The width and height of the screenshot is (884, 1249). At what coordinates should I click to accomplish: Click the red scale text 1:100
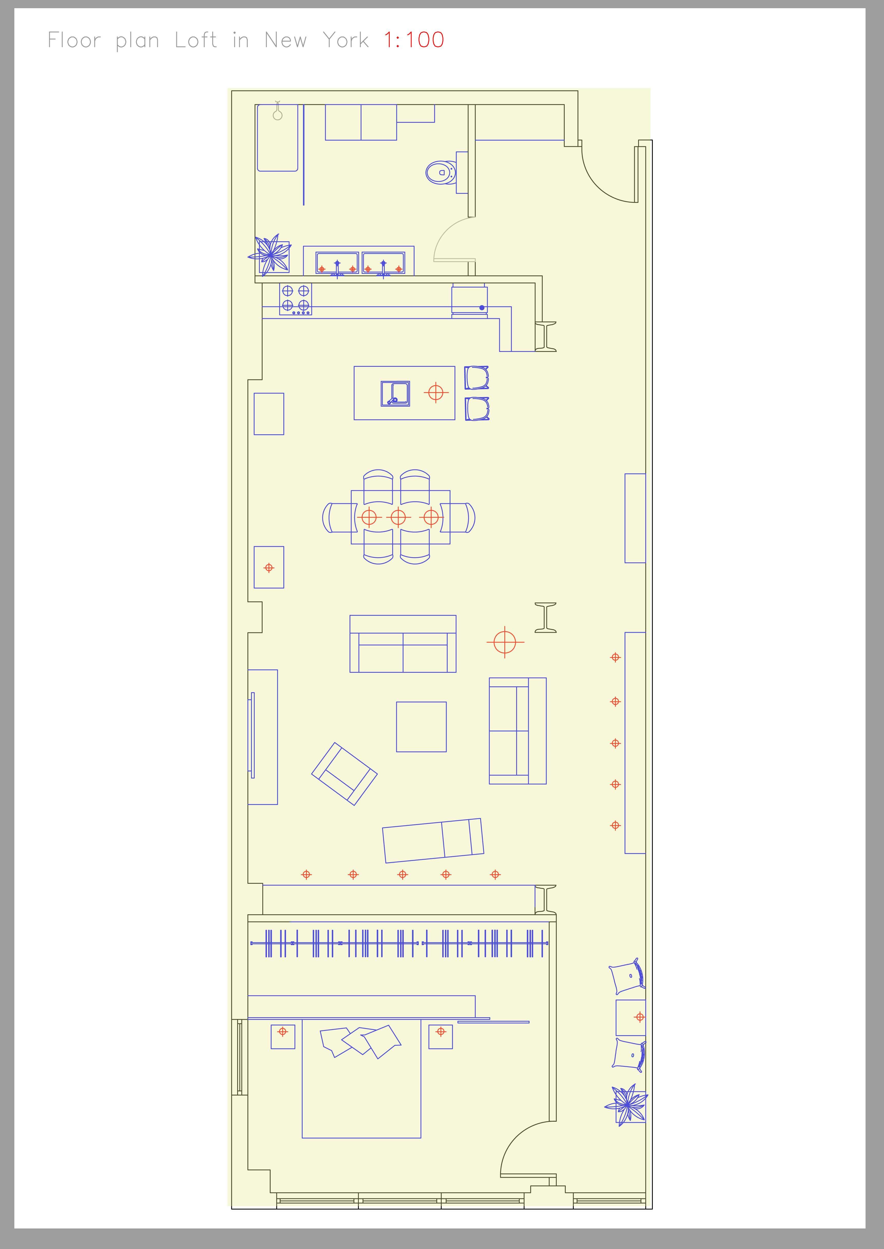tap(414, 40)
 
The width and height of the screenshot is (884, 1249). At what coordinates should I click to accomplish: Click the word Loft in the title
tap(196, 40)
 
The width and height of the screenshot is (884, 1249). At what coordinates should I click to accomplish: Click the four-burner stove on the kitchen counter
tap(296, 299)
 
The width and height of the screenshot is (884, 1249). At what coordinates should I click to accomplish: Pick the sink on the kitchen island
tap(395, 393)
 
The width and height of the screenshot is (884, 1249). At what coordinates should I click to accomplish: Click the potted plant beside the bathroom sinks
tap(271, 255)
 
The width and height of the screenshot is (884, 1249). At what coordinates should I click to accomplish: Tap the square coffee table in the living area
tap(421, 727)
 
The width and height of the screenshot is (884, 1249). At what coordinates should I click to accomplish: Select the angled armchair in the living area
tap(344, 774)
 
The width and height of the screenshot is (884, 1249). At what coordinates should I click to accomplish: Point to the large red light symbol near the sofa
tap(505, 642)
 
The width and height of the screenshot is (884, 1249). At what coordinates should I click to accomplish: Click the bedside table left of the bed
tap(283, 1037)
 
